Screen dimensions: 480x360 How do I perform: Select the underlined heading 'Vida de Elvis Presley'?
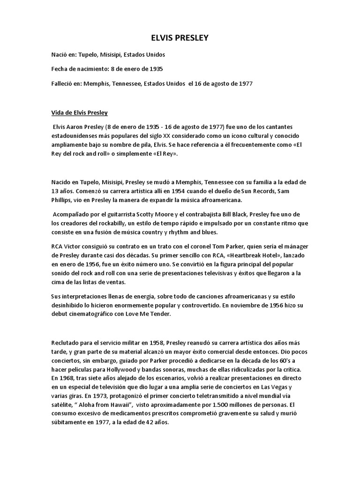[80, 112]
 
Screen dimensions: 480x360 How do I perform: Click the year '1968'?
[65, 377]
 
